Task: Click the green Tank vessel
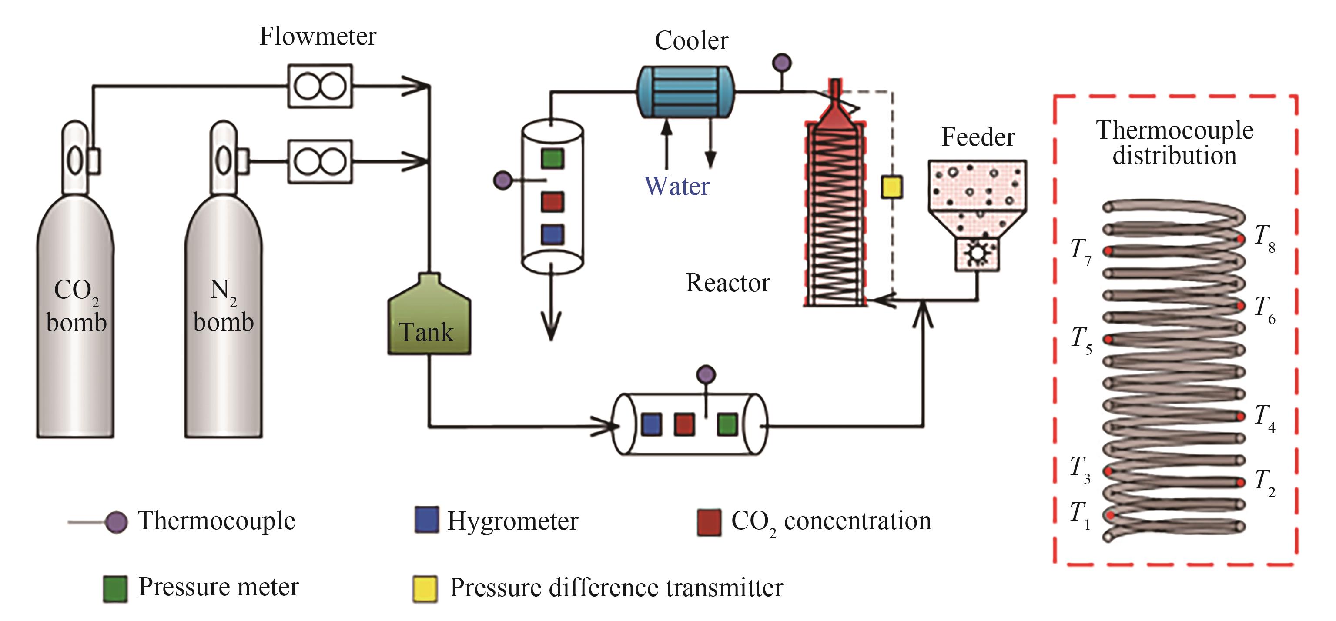(x=429, y=319)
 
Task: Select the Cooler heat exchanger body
(x=685, y=92)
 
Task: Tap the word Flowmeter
(x=318, y=36)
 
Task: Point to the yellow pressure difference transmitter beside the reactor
(x=891, y=187)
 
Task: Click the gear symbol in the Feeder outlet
(x=977, y=254)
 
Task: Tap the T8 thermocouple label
(x=1264, y=238)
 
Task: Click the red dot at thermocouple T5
(x=1108, y=339)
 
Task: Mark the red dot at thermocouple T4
(x=1240, y=416)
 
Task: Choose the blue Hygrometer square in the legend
(x=426, y=520)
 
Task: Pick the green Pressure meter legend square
(x=115, y=589)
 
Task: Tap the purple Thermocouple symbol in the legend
(x=116, y=522)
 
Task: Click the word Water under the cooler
(x=676, y=186)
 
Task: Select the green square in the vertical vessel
(x=552, y=159)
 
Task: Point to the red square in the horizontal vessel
(x=684, y=424)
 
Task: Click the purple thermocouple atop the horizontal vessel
(x=706, y=374)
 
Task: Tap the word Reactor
(x=728, y=283)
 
